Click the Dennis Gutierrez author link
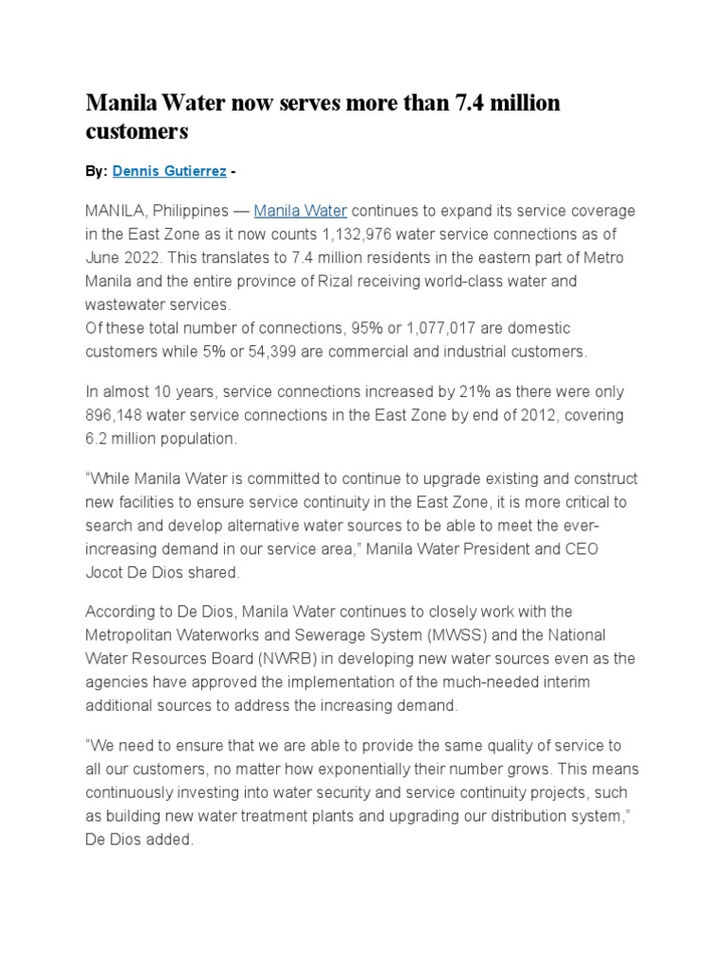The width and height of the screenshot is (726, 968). click(x=169, y=171)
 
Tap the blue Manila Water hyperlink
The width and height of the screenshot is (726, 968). click(x=301, y=210)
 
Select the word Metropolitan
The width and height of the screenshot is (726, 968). click(x=133, y=634)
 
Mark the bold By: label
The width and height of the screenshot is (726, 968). click(x=96, y=171)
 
